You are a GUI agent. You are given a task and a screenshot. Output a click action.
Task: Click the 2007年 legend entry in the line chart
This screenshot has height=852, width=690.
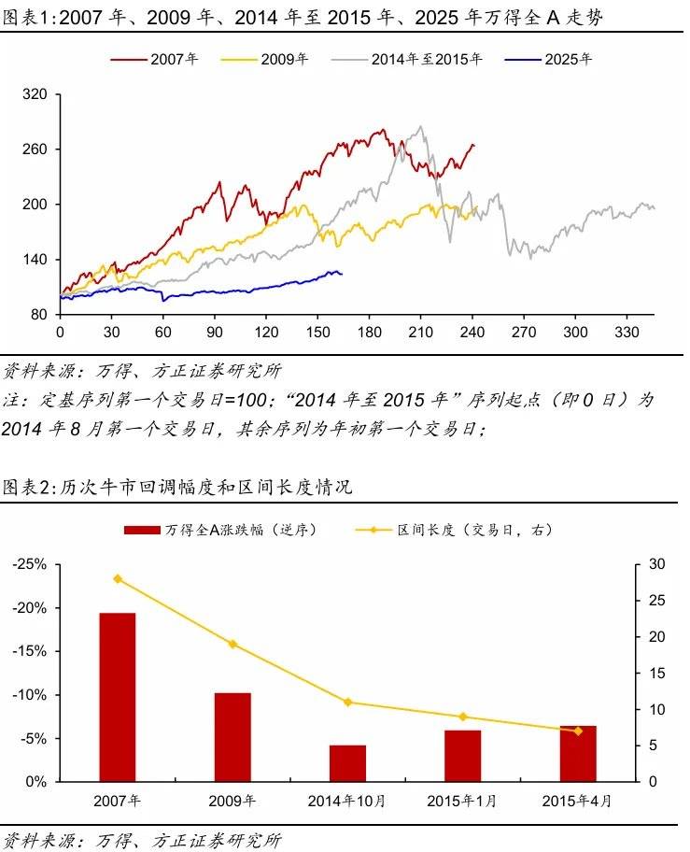(x=155, y=59)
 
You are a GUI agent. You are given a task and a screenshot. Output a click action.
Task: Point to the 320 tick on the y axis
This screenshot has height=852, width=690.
(x=35, y=95)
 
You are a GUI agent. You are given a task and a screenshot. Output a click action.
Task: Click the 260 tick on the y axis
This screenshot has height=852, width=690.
(x=35, y=149)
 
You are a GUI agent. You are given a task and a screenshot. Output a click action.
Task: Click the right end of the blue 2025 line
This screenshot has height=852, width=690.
(x=342, y=274)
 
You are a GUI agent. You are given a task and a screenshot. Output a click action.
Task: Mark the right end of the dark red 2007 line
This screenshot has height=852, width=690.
(x=473, y=145)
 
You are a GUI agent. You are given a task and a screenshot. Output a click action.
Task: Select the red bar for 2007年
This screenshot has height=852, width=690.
(x=118, y=696)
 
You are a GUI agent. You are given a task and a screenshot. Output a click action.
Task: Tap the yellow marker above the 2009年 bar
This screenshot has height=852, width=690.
(x=232, y=644)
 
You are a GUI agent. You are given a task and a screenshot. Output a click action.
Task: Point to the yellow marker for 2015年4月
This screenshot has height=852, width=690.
(x=577, y=731)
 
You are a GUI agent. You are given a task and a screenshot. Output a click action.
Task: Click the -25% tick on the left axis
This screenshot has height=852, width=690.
(x=32, y=564)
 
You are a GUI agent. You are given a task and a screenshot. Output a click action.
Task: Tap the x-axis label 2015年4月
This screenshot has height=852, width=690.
(x=577, y=801)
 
